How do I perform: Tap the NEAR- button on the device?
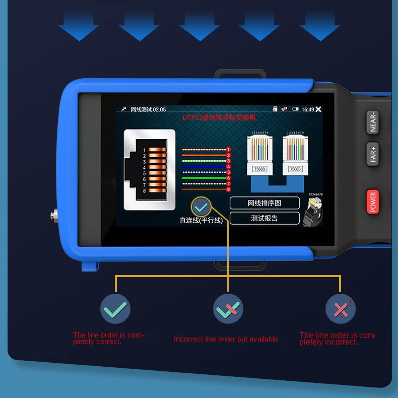click(x=373, y=121)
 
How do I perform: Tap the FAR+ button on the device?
click(x=373, y=154)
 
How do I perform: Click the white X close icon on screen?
click(x=318, y=109)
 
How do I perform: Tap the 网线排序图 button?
click(x=264, y=203)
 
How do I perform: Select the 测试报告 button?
click(x=264, y=218)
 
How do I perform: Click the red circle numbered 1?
click(x=228, y=150)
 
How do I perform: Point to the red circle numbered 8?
click(x=228, y=189)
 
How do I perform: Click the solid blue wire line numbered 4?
click(x=204, y=166)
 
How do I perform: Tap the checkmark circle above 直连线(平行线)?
click(x=201, y=206)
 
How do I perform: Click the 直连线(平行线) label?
click(x=201, y=220)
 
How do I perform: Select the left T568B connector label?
click(x=259, y=169)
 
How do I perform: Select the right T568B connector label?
click(x=295, y=169)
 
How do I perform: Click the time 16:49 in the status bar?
click(x=307, y=109)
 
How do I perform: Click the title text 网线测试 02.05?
click(x=148, y=109)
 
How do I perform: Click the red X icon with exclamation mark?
click(x=341, y=309)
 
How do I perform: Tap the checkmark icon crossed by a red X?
click(x=228, y=309)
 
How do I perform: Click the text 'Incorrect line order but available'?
click(x=226, y=339)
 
